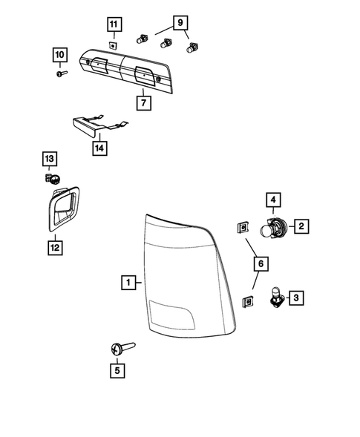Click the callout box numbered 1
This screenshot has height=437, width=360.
pyautogui.click(x=128, y=282)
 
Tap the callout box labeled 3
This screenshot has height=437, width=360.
pyautogui.click(x=295, y=298)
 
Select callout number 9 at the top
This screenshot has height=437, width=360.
pyautogui.click(x=180, y=22)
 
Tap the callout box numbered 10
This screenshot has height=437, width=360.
pyautogui.click(x=59, y=54)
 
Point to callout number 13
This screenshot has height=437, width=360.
pyautogui.click(x=48, y=159)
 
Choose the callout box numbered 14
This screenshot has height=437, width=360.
pyautogui.click(x=99, y=147)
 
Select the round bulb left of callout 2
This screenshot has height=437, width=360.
pyautogui.click(x=271, y=227)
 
